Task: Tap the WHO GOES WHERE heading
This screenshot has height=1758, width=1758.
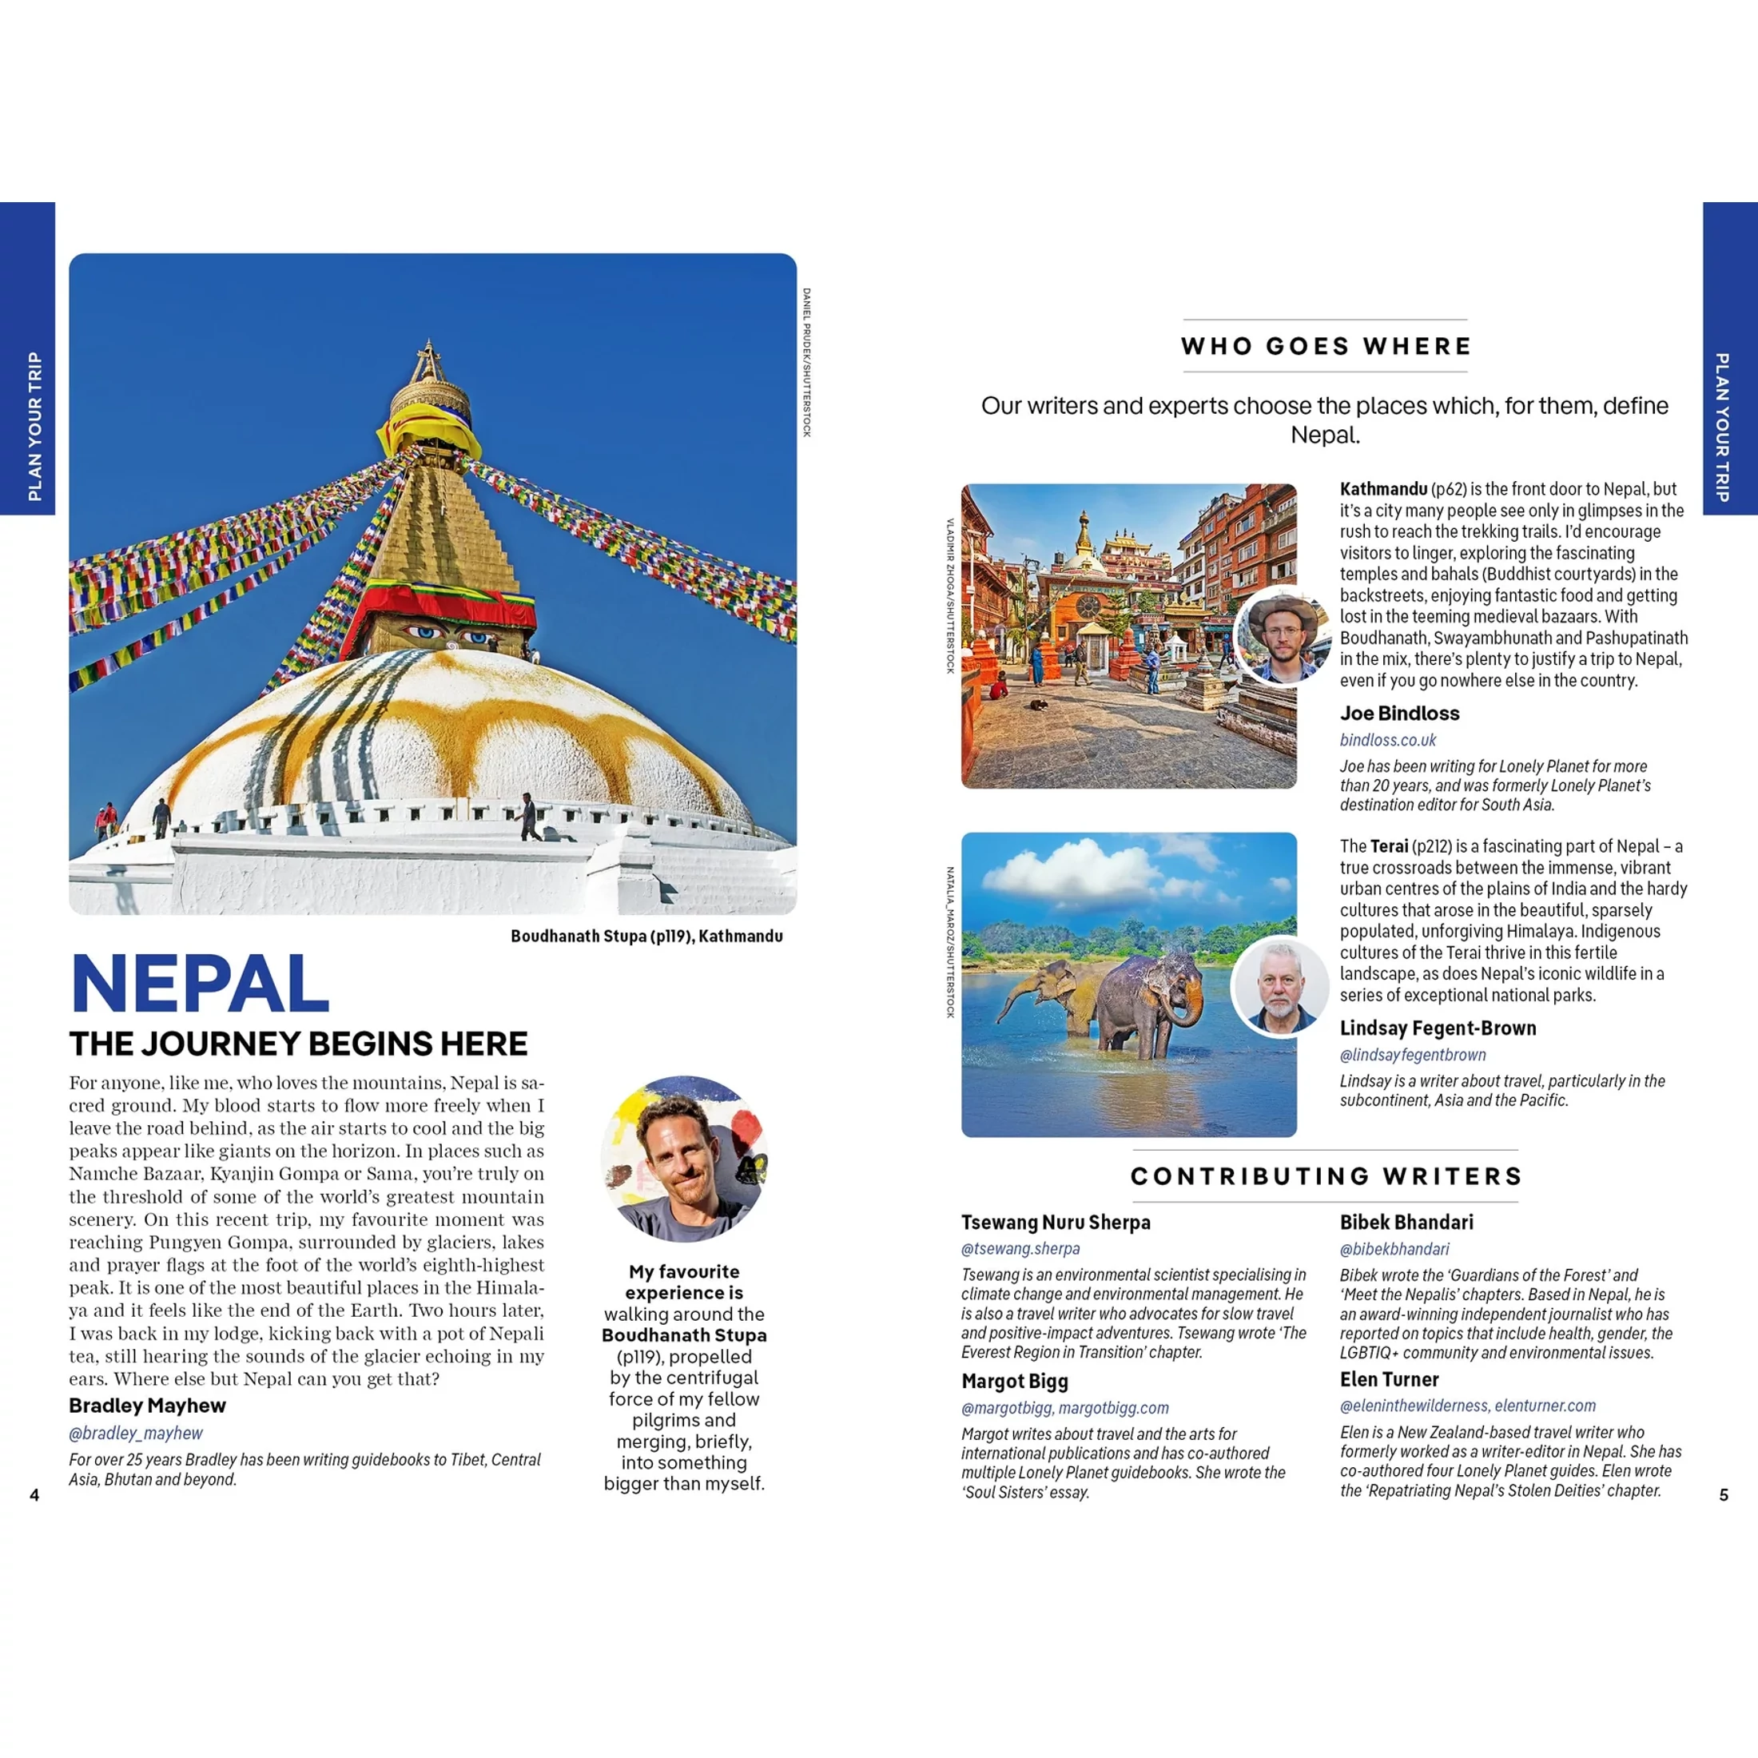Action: coord(1325,346)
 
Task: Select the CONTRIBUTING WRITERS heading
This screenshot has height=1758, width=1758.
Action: coord(1326,1175)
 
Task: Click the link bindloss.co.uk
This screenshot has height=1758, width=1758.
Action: coord(1388,740)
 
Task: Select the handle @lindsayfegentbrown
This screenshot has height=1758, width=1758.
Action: coord(1412,1055)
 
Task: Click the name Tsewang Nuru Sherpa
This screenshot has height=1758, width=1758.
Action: coord(1056,1222)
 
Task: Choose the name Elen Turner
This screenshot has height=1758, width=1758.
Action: coord(1390,1378)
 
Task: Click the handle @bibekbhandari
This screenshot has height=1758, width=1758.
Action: coord(1394,1248)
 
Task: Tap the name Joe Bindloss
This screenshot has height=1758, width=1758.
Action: coord(1399,714)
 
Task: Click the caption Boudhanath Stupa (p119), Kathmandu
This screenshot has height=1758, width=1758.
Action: coord(646,936)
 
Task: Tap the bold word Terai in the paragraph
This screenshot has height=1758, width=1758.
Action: coord(1389,846)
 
